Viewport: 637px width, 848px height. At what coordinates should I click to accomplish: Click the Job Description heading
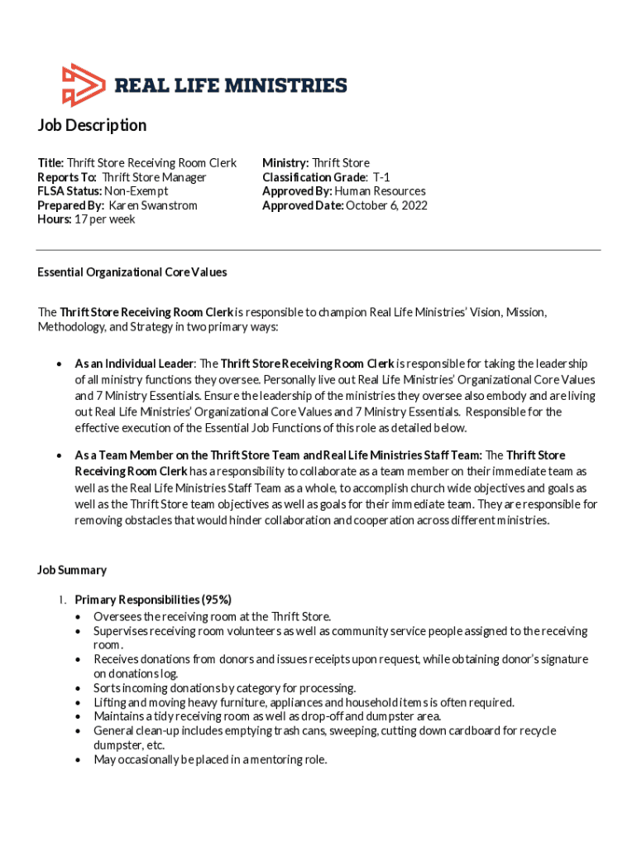coord(92,125)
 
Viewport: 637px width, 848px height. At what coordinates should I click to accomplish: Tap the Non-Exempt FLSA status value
coord(136,191)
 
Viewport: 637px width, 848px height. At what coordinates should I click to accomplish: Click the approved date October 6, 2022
coord(386,205)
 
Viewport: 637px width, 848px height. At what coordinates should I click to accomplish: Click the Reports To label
coord(67,177)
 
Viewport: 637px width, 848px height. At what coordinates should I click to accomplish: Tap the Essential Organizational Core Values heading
coord(132,272)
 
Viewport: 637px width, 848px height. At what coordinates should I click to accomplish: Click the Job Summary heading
coord(72,570)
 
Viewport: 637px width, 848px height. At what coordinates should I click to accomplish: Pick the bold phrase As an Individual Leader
coord(134,364)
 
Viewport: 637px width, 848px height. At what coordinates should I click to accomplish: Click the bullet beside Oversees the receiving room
coord(78,617)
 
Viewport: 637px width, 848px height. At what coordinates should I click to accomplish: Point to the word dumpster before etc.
coord(114,744)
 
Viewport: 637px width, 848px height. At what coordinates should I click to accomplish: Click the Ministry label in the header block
coord(285,163)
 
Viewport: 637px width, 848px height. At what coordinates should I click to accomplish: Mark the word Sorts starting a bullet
coord(108,688)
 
